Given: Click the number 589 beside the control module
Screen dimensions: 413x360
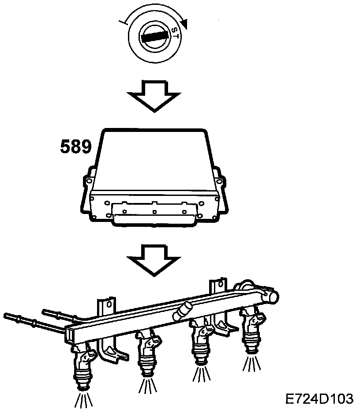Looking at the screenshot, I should coord(76,147).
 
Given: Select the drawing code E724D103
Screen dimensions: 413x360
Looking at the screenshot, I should coord(319,399).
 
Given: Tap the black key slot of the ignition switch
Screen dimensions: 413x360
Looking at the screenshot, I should coord(154,37).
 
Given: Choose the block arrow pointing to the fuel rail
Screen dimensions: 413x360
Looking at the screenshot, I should coord(154,260).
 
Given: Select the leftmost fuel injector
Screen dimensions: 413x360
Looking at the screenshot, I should coord(84,366).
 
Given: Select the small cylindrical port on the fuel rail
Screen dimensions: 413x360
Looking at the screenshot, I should coord(183,311).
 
